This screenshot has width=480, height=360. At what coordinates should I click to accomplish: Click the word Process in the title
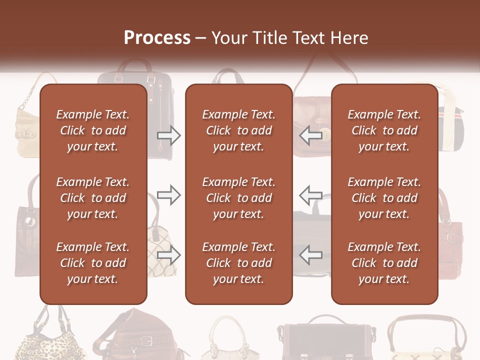click(x=157, y=37)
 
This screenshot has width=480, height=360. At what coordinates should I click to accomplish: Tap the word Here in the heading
click(x=349, y=37)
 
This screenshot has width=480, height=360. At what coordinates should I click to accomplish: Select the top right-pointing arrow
click(x=168, y=135)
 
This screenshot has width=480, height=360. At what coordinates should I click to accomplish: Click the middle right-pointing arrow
click(x=168, y=195)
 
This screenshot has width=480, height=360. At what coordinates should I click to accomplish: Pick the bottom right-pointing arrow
click(x=168, y=255)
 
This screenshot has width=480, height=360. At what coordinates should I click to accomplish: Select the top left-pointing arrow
click(x=310, y=135)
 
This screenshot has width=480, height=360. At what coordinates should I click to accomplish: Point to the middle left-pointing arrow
click(x=310, y=195)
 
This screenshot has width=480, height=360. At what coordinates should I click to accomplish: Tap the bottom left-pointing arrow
click(x=310, y=255)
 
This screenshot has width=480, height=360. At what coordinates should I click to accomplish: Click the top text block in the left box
click(x=93, y=130)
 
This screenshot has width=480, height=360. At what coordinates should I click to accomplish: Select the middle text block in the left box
click(x=93, y=198)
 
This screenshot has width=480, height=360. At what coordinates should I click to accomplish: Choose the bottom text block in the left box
click(x=93, y=263)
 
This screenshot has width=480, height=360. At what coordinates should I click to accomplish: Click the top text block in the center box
click(x=238, y=130)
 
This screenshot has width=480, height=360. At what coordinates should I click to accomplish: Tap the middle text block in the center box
click(x=238, y=198)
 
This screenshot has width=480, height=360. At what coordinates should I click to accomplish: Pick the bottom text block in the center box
click(x=238, y=263)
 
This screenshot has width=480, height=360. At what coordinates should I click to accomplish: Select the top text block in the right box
click(x=384, y=130)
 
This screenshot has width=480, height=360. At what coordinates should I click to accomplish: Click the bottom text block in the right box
click(x=384, y=263)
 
